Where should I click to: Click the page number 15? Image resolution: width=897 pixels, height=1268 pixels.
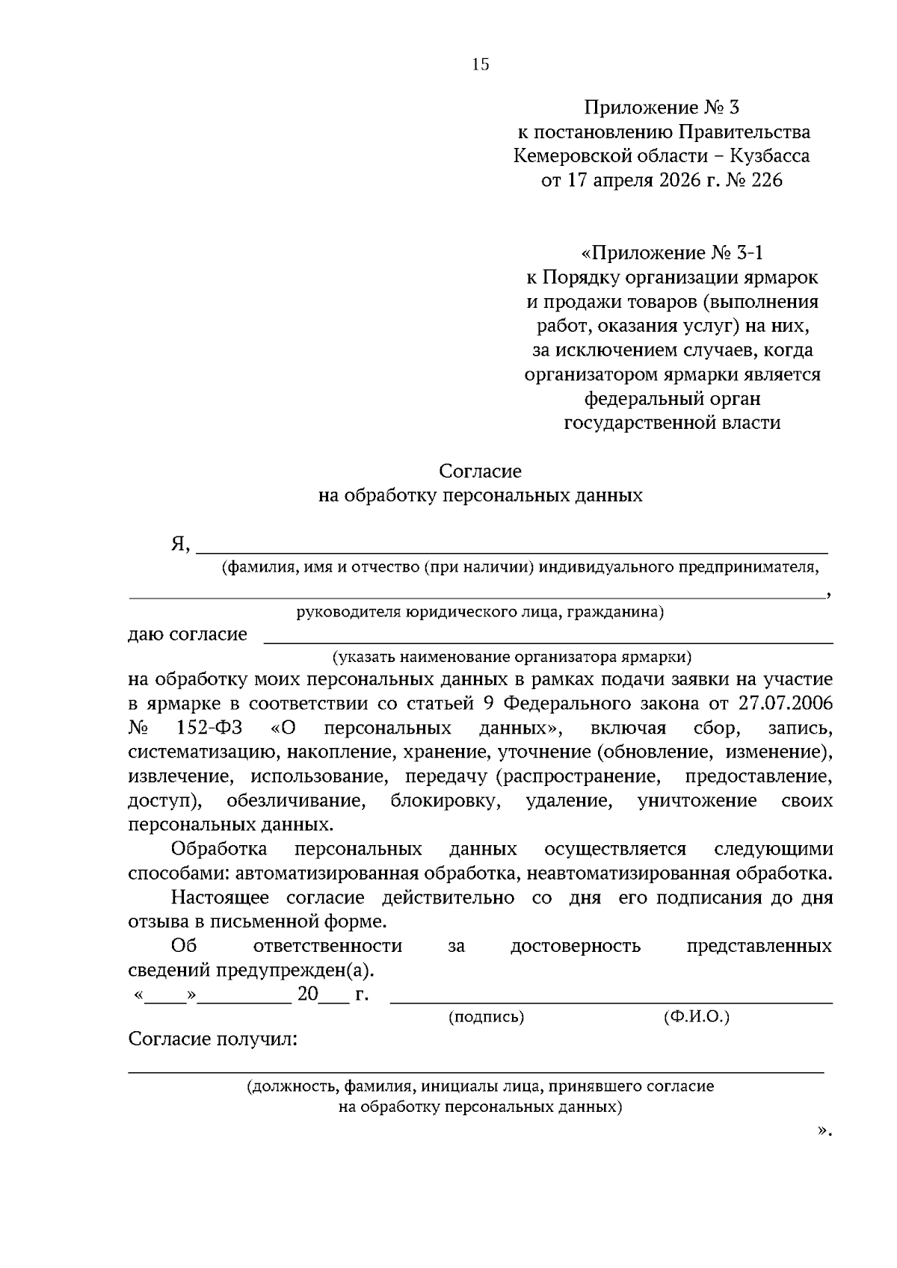pos(481,65)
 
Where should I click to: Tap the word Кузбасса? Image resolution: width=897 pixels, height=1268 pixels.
pos(770,156)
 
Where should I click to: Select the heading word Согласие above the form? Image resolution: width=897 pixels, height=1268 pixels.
pos(480,471)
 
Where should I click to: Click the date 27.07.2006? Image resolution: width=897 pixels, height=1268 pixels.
pos(785,704)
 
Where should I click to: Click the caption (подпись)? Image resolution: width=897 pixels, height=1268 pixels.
pos(486,1017)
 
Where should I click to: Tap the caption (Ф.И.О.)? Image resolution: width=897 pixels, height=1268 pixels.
pos(696,1017)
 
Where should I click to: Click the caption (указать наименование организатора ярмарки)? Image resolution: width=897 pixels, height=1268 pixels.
pos(512,658)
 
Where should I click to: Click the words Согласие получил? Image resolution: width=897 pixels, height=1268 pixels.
pos(213,1039)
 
